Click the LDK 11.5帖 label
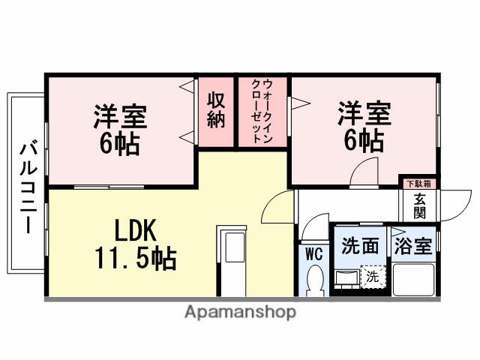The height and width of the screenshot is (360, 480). pyautogui.click(x=135, y=244)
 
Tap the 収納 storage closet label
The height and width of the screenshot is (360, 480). pyautogui.click(x=217, y=109)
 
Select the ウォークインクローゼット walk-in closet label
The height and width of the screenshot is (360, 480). pyautogui.click(x=262, y=111)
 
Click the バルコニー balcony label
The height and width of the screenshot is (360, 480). pyautogui.click(x=27, y=186)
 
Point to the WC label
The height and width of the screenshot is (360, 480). pyautogui.click(x=314, y=254)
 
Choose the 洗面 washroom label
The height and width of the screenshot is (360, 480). pyautogui.click(x=360, y=246)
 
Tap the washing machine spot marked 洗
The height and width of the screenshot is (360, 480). pyautogui.click(x=373, y=277)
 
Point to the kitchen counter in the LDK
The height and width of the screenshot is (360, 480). pyautogui.click(x=232, y=259)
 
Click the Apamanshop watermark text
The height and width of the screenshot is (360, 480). pyautogui.click(x=239, y=312)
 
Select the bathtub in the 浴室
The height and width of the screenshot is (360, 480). pyautogui.click(x=414, y=277)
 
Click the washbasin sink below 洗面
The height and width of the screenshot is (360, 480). pyautogui.click(x=346, y=279)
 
